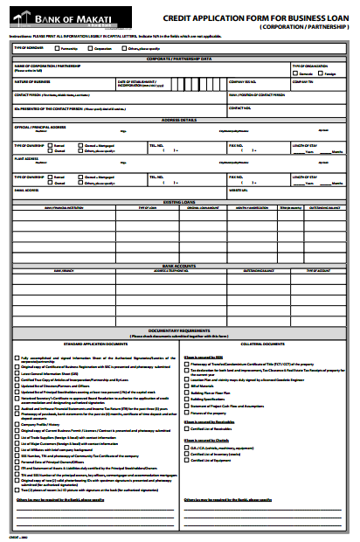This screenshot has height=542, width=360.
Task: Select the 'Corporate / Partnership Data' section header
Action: pyautogui.click(x=181, y=59)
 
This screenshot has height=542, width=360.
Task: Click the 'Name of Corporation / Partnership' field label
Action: pyautogui.click(x=44, y=66)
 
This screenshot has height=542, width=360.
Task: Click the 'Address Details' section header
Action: pyautogui.click(x=181, y=120)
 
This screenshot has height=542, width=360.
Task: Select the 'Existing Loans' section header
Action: pyautogui.click(x=181, y=201)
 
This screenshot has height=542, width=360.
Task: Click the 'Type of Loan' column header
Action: pyautogui.click(x=146, y=207)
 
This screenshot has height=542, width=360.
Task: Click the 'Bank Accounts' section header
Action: pyautogui.click(x=181, y=264)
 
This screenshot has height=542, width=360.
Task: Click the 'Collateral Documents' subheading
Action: pyautogui.click(x=262, y=344)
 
